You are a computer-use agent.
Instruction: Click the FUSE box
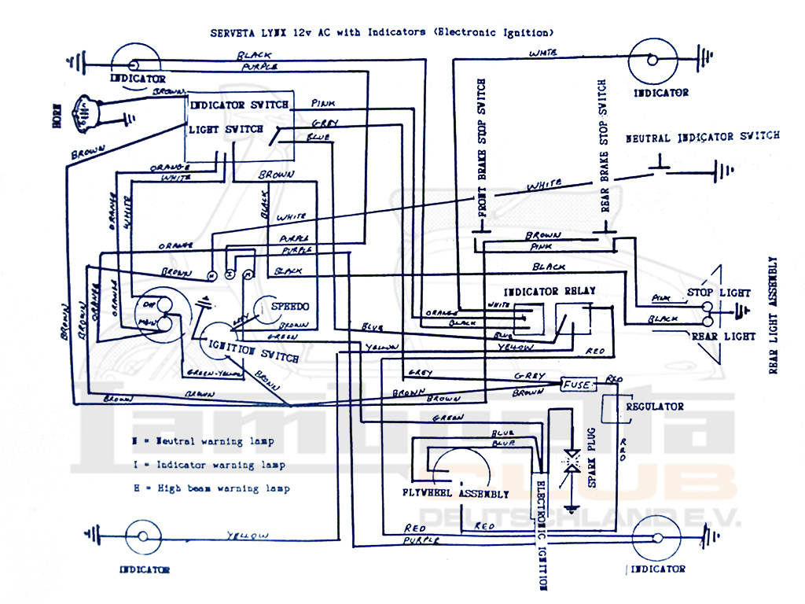click(578, 385)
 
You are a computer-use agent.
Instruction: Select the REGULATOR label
click(654, 407)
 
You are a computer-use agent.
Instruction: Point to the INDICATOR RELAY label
click(550, 291)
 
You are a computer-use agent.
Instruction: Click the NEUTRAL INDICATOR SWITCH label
click(702, 137)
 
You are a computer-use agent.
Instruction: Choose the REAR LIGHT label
click(723, 336)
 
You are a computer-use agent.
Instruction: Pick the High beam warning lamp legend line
click(211, 488)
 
